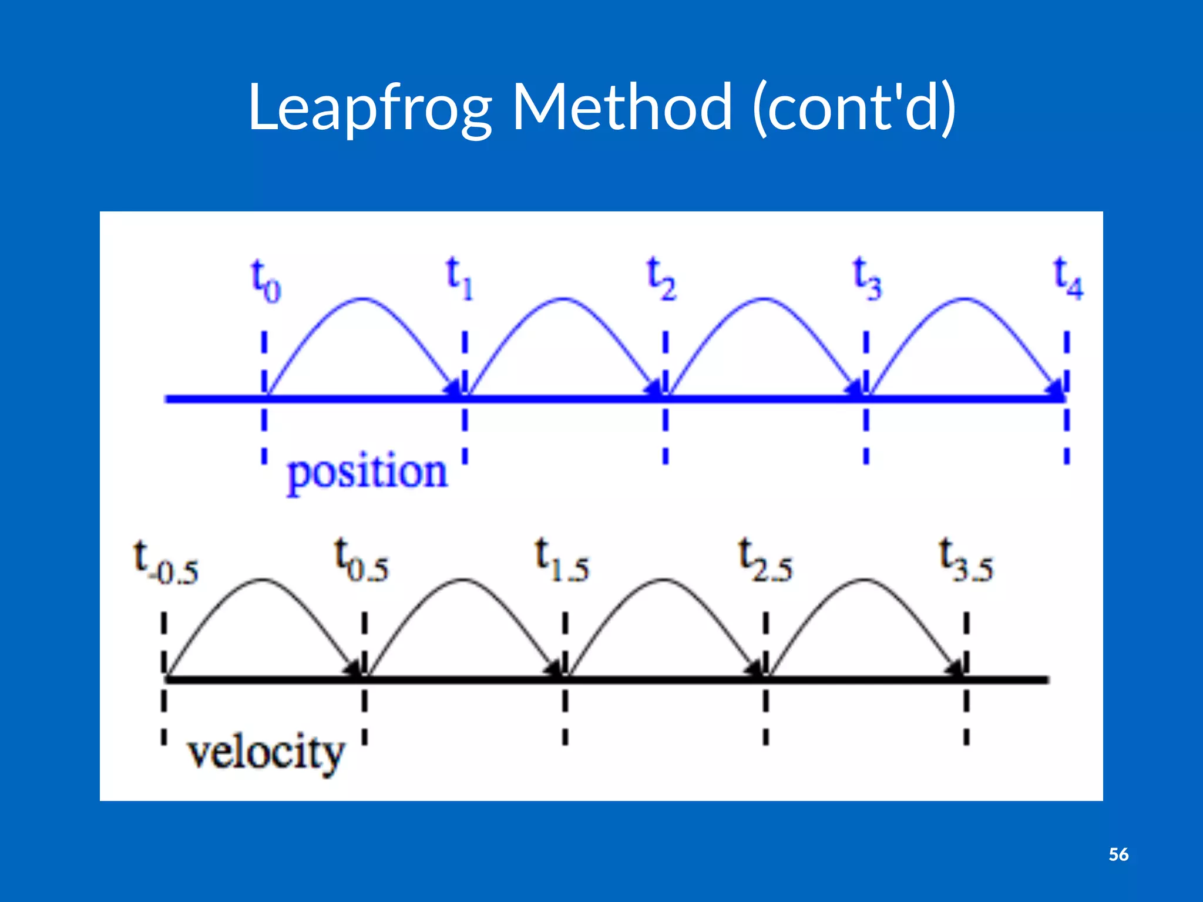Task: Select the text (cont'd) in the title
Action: [855, 108]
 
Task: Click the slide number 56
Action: [1118, 854]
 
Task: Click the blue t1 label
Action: [459, 278]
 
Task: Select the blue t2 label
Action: [661, 280]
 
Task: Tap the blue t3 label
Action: [867, 280]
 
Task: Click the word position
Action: [367, 473]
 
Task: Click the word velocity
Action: [266, 753]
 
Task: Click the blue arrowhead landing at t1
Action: [453, 388]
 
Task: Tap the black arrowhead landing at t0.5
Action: [354, 668]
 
